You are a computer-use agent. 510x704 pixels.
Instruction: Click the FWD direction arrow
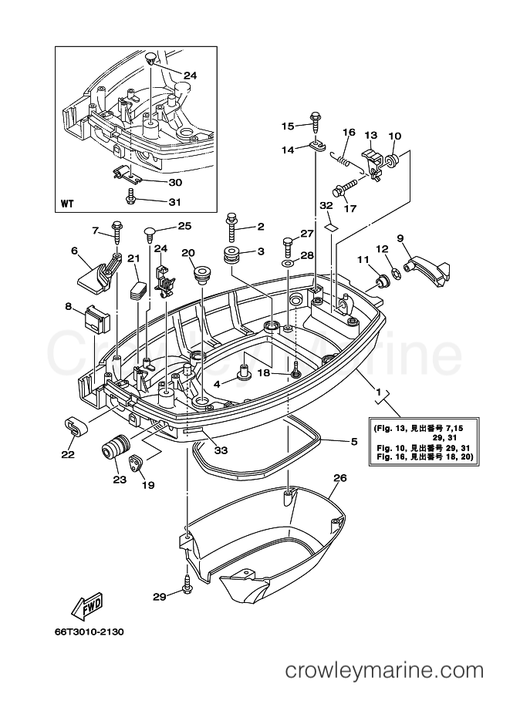click(x=88, y=605)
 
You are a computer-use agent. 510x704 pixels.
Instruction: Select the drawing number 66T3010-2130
click(x=86, y=632)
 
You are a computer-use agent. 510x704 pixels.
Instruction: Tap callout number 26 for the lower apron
click(x=340, y=478)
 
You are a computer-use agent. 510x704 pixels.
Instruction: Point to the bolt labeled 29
click(x=186, y=584)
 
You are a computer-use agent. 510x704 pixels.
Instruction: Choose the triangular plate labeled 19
click(x=135, y=462)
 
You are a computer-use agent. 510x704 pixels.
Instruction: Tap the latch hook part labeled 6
click(x=98, y=274)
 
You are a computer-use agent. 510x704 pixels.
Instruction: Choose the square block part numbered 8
click(x=96, y=318)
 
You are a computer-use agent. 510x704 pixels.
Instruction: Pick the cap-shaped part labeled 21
click(x=138, y=290)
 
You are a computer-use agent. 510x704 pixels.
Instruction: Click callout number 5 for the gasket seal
click(x=354, y=442)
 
